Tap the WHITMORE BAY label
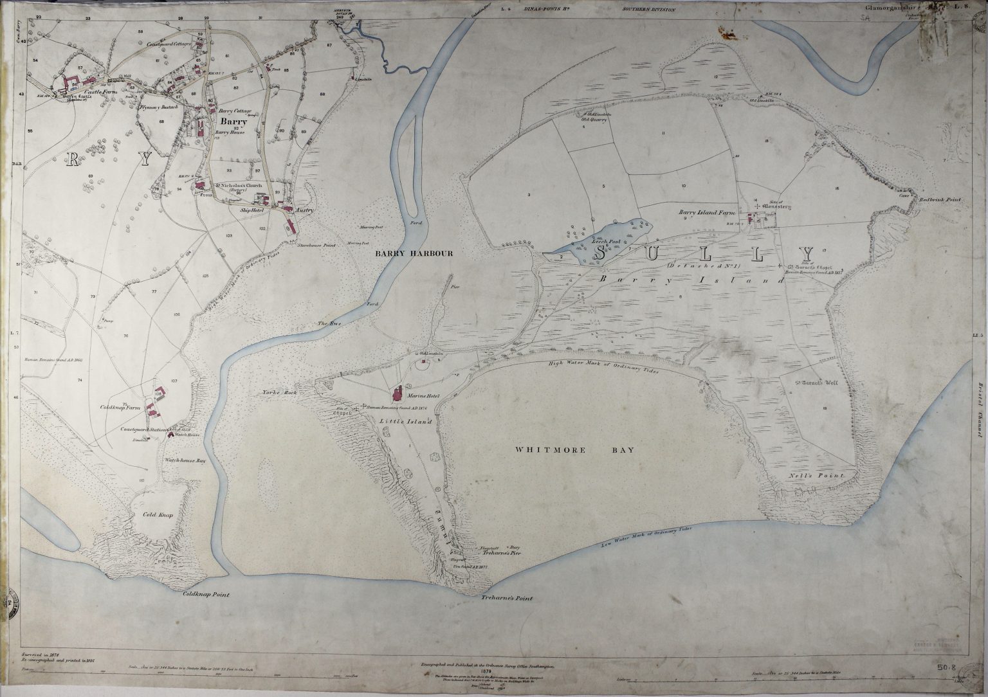(574, 450)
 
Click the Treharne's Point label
(507, 598)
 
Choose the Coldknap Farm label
(120, 408)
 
